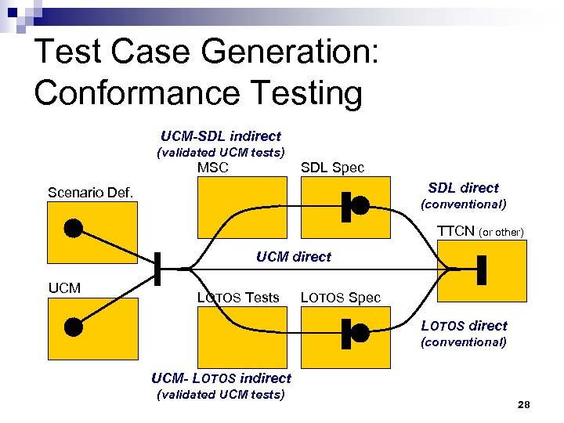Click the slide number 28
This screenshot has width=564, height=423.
[524, 404]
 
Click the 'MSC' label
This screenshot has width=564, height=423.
[213, 168]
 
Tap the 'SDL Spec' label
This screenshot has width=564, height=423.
[333, 168]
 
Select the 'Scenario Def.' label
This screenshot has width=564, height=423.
[90, 192]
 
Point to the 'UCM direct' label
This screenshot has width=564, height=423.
[294, 256]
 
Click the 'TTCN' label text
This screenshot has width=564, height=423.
[455, 231]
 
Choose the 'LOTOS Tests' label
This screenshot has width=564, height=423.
[238, 298]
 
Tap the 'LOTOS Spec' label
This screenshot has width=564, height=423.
[341, 298]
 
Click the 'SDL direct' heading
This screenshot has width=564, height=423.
[463, 188]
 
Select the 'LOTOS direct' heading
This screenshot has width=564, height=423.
[464, 326]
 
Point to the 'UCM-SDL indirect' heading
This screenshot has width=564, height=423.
[221, 136]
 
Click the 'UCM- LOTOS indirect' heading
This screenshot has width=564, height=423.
[221, 378]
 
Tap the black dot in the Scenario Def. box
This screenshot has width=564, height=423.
[73, 228]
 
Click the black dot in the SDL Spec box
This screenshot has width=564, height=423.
[360, 205]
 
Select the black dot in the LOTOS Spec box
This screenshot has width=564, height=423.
[360, 332]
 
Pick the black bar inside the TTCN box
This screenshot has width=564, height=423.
[482, 270]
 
